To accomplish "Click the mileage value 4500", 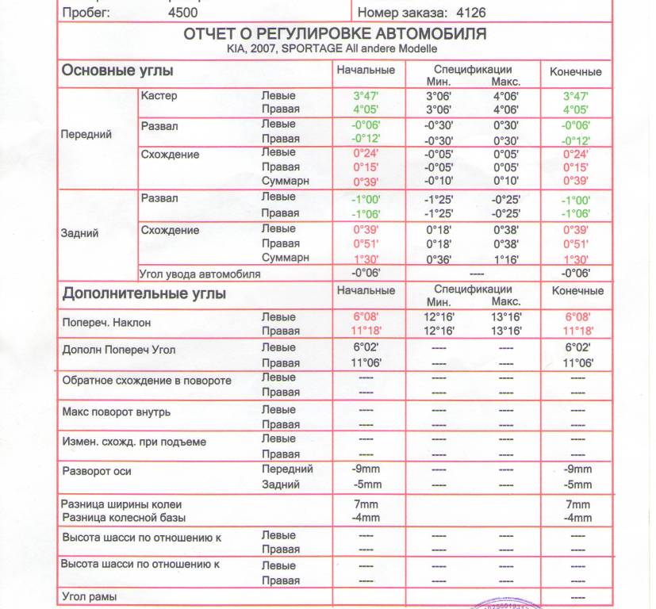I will pos(183,13).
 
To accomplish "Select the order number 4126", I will pos(470,13).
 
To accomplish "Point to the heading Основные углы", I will pos(117,71).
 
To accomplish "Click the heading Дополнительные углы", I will pos(144,294).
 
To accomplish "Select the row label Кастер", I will pos(159,96).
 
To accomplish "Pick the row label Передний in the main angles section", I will pos(86,134).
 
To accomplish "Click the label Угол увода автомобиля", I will pos(200,274).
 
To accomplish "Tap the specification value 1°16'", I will pos(505,259).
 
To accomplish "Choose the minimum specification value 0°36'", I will pos(439,259).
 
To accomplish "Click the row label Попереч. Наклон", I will pos(106,324).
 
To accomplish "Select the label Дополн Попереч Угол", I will pos(118,350).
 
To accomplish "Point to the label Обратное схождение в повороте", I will pos(147,381).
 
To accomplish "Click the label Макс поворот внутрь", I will pos(116,412).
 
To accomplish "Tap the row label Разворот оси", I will pos(97,471).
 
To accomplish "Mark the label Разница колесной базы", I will pos(123,518).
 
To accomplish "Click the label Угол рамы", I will pos(90,596).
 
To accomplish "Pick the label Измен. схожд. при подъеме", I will pos(133,442).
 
